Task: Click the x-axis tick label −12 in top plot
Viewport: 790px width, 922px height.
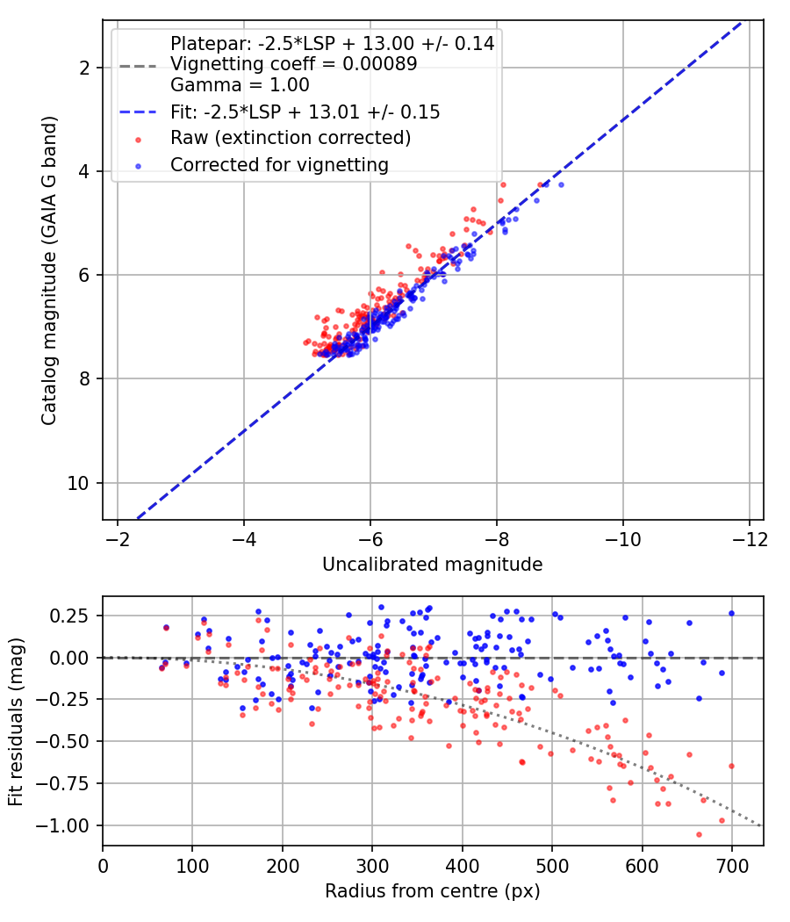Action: pyautogui.click(x=750, y=540)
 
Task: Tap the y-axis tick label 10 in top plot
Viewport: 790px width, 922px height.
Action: pyautogui.click(x=78, y=483)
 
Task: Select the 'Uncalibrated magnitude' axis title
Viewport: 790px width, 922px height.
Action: pyautogui.click(x=433, y=565)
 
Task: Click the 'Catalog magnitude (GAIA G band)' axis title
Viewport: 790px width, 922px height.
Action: pyautogui.click(x=49, y=270)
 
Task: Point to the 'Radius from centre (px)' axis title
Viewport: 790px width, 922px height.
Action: pyautogui.click(x=433, y=891)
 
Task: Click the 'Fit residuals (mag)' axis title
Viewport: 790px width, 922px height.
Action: pyautogui.click(x=16, y=722)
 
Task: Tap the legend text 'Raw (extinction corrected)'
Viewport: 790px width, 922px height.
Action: pyautogui.click(x=291, y=138)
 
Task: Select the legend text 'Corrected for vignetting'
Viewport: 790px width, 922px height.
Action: pyautogui.click(x=280, y=165)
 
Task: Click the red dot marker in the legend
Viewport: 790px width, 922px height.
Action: pyautogui.click(x=138, y=140)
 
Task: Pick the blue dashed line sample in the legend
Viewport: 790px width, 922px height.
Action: pyautogui.click(x=138, y=112)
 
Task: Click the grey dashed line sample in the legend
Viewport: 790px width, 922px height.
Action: pyautogui.click(x=138, y=66)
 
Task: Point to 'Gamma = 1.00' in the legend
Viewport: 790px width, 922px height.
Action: pyautogui.click(x=240, y=85)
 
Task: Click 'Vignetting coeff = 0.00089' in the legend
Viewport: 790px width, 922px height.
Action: pyautogui.click(x=294, y=64)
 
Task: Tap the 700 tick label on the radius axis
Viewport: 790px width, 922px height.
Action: pyautogui.click(x=732, y=867)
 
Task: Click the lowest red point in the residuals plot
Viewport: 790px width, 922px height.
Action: pyautogui.click(x=699, y=834)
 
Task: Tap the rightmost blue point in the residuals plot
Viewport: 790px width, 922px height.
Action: pyautogui.click(x=732, y=613)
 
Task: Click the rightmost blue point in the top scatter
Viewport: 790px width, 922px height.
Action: pyautogui.click(x=562, y=184)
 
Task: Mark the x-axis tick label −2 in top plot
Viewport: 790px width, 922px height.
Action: pyautogui.click(x=118, y=540)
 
